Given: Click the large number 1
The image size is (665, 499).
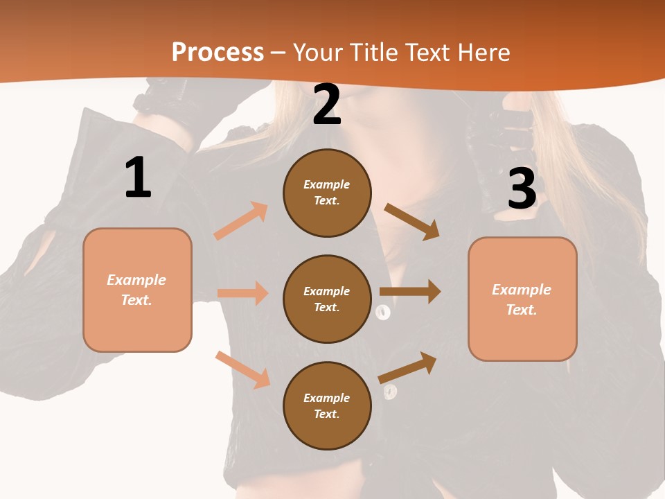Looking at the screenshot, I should (x=138, y=177).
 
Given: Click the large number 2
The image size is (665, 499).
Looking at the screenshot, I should (x=327, y=105).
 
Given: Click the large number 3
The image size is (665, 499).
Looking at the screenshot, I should (x=522, y=189).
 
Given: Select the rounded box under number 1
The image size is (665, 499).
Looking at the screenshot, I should (x=137, y=290).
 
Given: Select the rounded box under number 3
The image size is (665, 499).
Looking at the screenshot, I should (x=522, y=299).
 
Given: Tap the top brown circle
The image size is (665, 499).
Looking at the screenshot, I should (x=327, y=193).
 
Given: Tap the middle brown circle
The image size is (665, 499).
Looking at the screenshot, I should (x=327, y=299).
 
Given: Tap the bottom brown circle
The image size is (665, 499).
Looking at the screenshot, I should (x=327, y=406).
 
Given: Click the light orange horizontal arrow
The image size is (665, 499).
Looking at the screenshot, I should (x=243, y=293).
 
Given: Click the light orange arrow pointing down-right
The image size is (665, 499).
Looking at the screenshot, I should (x=243, y=370).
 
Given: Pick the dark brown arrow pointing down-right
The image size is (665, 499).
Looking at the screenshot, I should (x=413, y=222).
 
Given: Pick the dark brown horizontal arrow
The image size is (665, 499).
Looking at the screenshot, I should (x=410, y=292).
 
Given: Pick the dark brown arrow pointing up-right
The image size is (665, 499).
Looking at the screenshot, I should (x=408, y=367).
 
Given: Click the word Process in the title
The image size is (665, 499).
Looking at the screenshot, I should (x=218, y=52).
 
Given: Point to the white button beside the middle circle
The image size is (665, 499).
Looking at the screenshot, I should (x=383, y=313).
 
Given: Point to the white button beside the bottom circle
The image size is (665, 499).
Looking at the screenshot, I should (x=390, y=392).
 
